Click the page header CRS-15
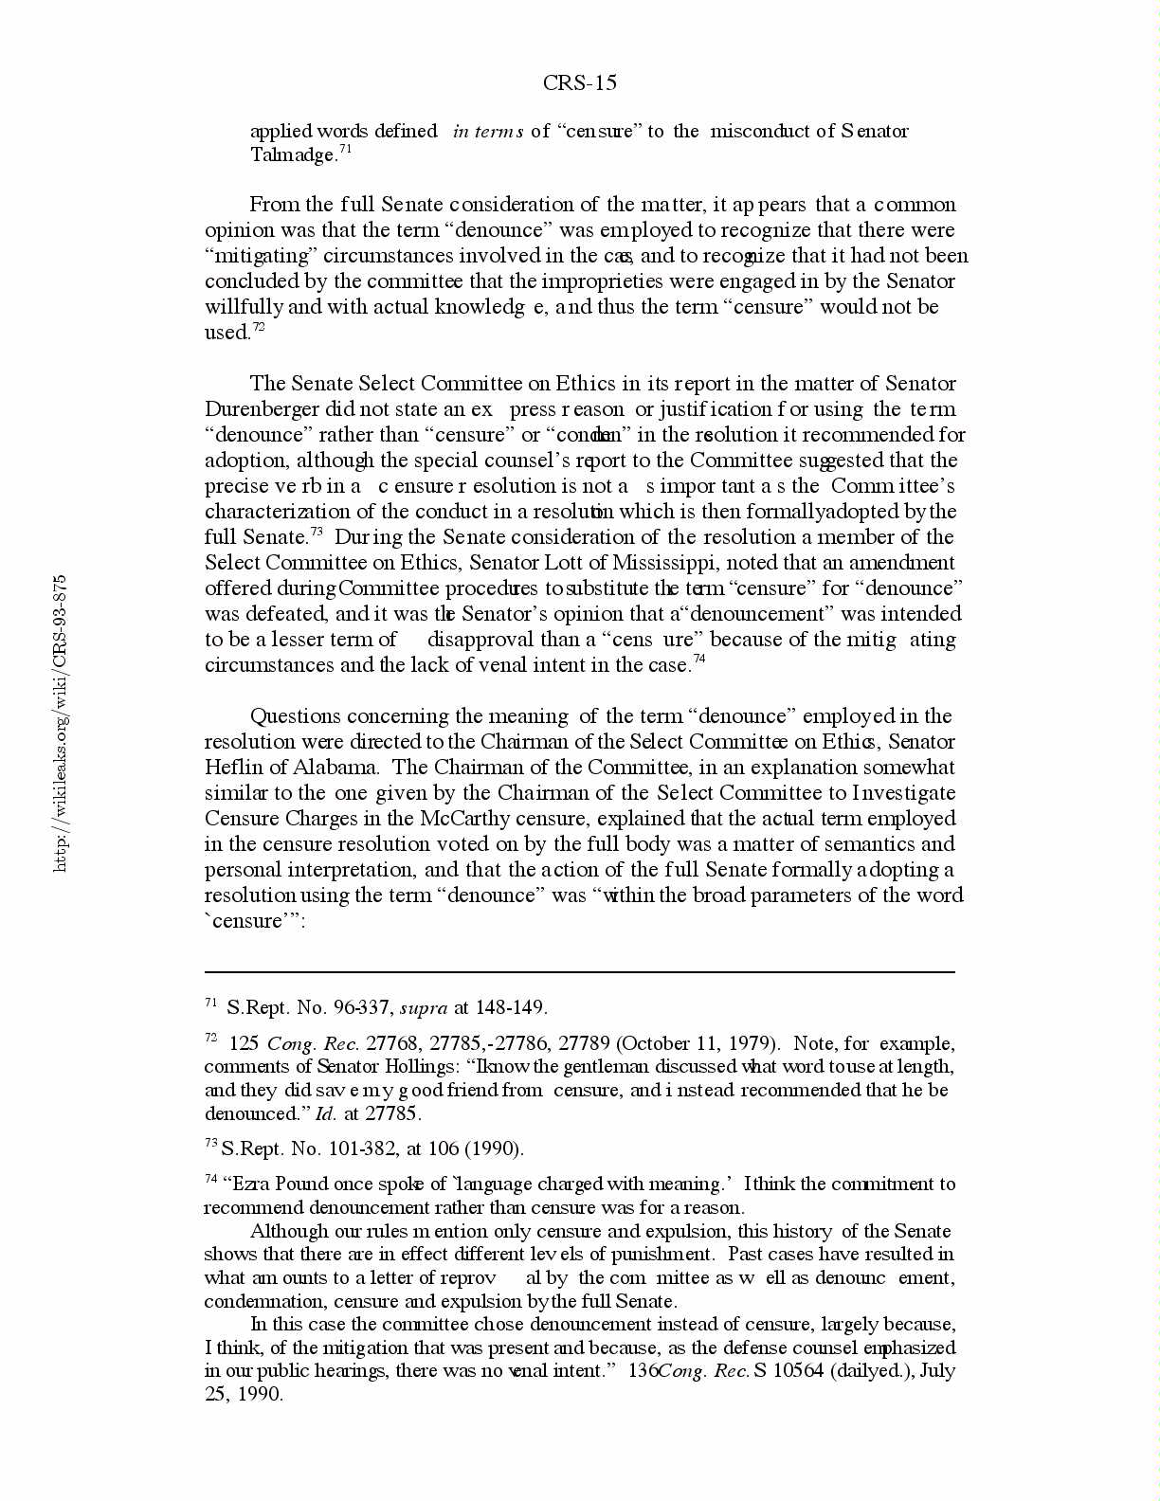click(579, 83)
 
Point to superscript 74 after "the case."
click(698, 660)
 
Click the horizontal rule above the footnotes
click(579, 972)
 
